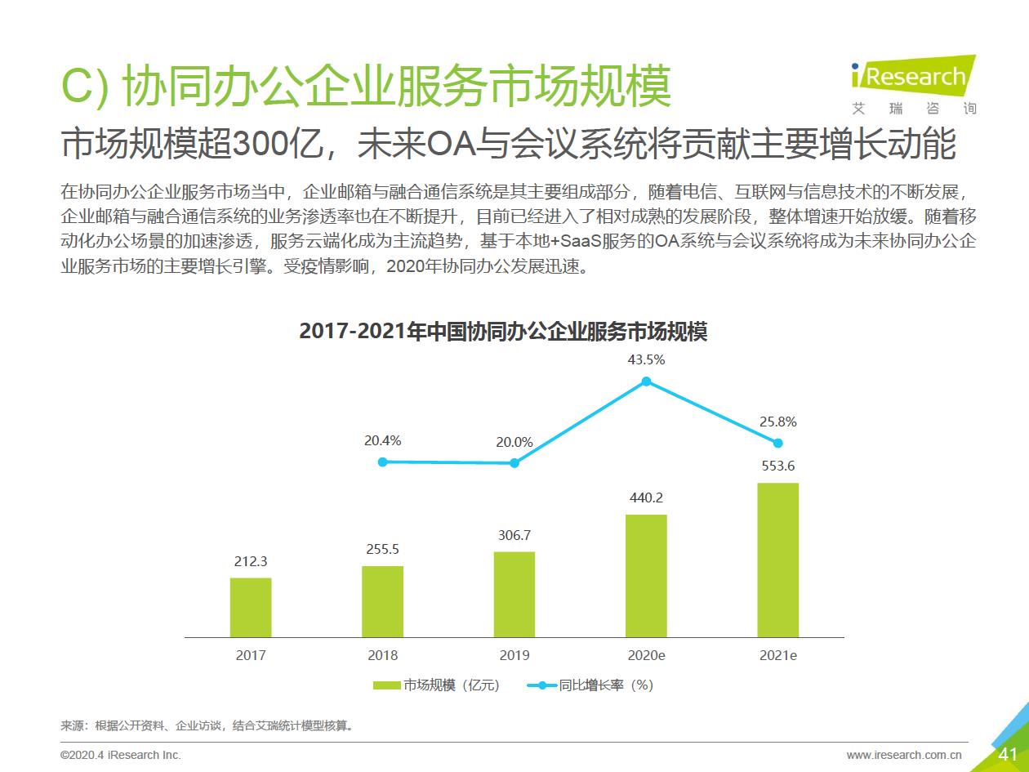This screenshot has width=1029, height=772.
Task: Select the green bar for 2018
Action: pyautogui.click(x=382, y=601)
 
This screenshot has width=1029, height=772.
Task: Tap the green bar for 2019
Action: pyautogui.click(x=514, y=594)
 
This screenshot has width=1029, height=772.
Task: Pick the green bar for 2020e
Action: pyautogui.click(x=646, y=576)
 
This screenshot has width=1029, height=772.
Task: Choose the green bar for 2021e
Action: pyautogui.click(x=777, y=560)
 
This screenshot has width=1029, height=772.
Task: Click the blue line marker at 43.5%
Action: pyautogui.click(x=646, y=382)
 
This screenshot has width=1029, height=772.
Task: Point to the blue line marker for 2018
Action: pyautogui.click(x=382, y=462)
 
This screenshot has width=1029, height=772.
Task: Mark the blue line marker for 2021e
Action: pyautogui.click(x=777, y=443)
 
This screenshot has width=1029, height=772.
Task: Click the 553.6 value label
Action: pyautogui.click(x=777, y=466)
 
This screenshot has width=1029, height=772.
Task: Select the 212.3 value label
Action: pyautogui.click(x=251, y=561)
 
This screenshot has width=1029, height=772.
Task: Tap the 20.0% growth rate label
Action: pyautogui.click(x=514, y=442)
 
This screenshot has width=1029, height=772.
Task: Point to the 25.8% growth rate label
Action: pyautogui.click(x=777, y=422)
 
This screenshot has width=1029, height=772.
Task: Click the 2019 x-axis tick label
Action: pyautogui.click(x=514, y=655)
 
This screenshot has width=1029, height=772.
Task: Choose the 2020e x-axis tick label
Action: pyautogui.click(x=646, y=655)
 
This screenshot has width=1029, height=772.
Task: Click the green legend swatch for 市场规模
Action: pyautogui.click(x=387, y=685)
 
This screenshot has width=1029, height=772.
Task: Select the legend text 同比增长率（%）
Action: pyautogui.click(x=607, y=685)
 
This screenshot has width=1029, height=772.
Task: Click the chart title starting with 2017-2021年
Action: pyautogui.click(x=503, y=332)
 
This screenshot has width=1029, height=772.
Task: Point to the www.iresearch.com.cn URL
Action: pyautogui.click(x=904, y=755)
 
